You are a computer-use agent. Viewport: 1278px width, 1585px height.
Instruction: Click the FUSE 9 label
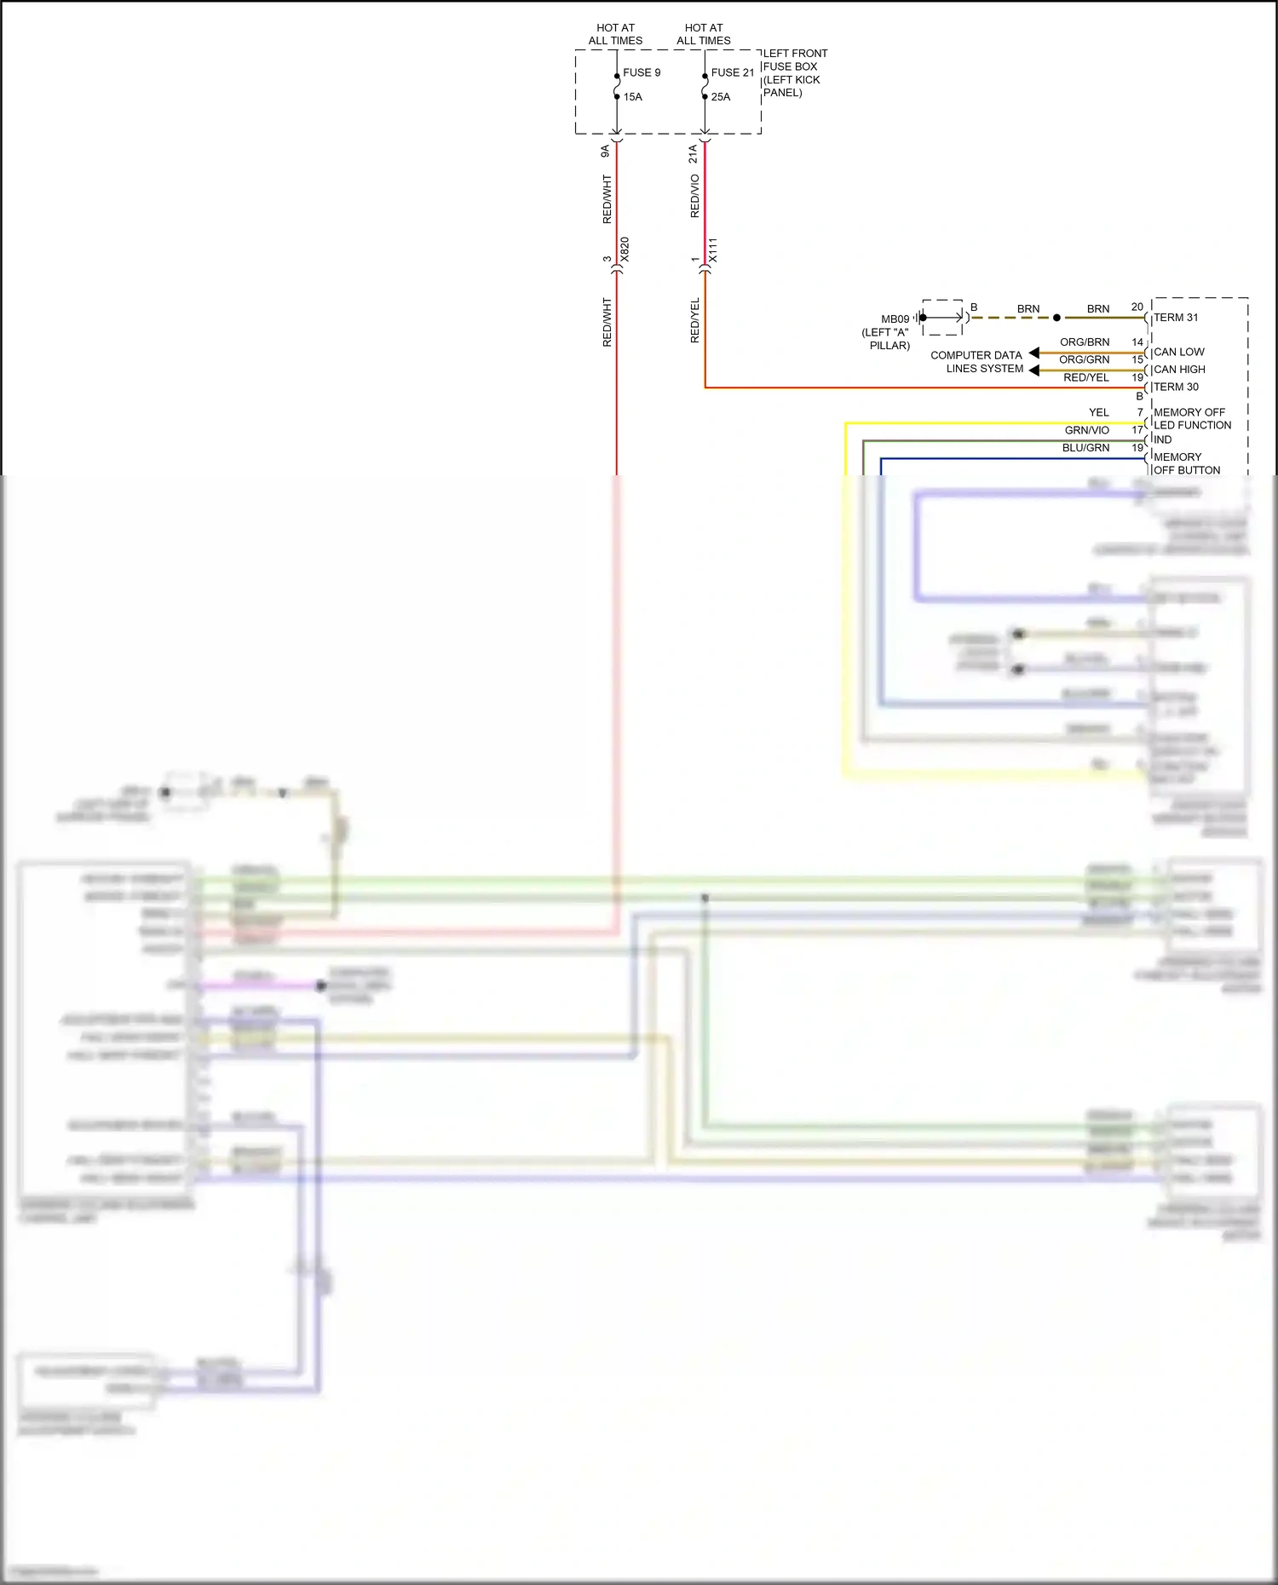(x=642, y=72)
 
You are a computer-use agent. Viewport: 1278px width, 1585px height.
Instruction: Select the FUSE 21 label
(x=732, y=72)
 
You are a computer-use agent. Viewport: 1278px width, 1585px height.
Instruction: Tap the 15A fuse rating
(x=632, y=97)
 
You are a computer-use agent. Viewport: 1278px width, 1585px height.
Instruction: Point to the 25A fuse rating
(x=721, y=97)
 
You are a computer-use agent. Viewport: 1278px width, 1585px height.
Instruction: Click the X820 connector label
(x=625, y=250)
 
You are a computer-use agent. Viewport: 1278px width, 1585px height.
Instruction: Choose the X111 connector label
(x=713, y=250)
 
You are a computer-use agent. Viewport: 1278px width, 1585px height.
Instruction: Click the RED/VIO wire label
(x=694, y=196)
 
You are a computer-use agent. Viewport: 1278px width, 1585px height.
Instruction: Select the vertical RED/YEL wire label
(x=694, y=320)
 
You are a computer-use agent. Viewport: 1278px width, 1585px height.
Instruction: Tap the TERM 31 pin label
(x=1176, y=318)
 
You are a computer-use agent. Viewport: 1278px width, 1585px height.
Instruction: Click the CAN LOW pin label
(x=1179, y=352)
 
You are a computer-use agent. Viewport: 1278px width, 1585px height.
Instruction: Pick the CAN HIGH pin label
(x=1179, y=370)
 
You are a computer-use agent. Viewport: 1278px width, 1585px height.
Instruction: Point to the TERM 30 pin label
(x=1176, y=387)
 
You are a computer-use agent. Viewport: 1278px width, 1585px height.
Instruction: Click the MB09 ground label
(x=895, y=319)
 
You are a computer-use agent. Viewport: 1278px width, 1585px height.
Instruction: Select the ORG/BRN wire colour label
(x=1085, y=342)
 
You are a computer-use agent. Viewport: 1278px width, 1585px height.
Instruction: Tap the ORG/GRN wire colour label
(x=1084, y=360)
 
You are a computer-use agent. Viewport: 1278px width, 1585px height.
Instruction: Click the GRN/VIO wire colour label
(x=1086, y=430)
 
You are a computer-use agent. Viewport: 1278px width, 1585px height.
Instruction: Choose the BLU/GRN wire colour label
(x=1085, y=448)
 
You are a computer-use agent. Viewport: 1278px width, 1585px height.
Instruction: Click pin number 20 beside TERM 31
(x=1137, y=307)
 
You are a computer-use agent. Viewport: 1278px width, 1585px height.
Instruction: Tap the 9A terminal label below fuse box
(x=605, y=151)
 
